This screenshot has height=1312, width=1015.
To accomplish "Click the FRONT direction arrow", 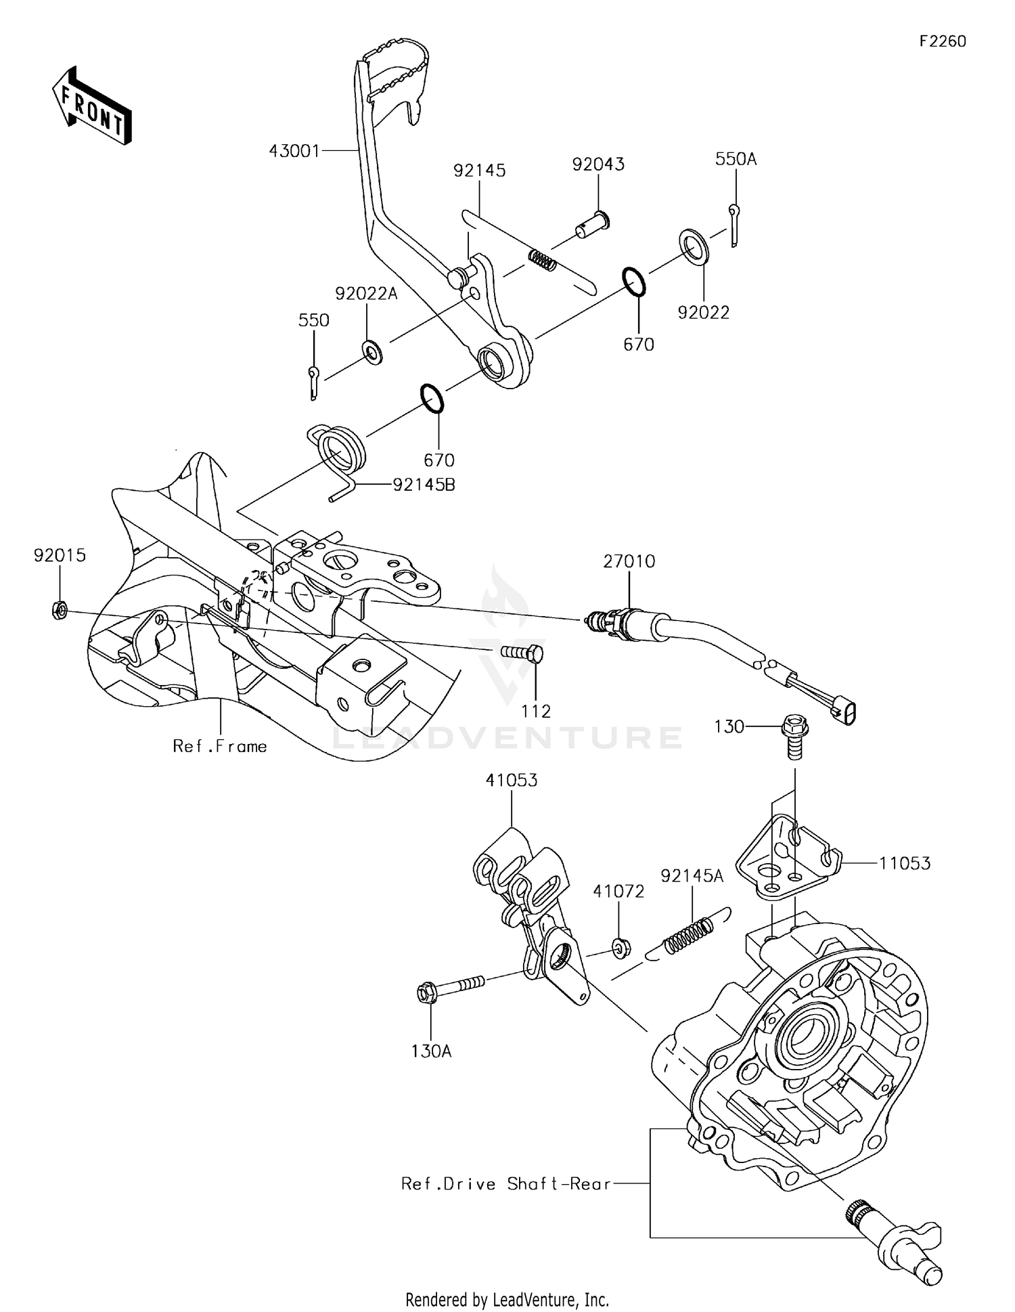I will point(91,106).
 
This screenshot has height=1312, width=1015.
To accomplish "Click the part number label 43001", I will point(294,151).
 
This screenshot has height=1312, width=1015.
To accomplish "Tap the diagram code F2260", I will point(943,41).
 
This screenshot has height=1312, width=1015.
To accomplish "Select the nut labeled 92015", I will point(59,611).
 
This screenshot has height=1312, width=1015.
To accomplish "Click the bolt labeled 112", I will point(522,653).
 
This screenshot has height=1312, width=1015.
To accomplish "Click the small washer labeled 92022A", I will point(371,351).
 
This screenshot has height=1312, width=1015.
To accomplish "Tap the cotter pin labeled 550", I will point(313,382).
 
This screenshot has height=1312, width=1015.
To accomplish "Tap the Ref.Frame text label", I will point(220,747).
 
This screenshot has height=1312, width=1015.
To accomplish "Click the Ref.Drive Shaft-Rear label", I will point(506,1184).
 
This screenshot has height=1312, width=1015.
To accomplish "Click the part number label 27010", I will point(629,561).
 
